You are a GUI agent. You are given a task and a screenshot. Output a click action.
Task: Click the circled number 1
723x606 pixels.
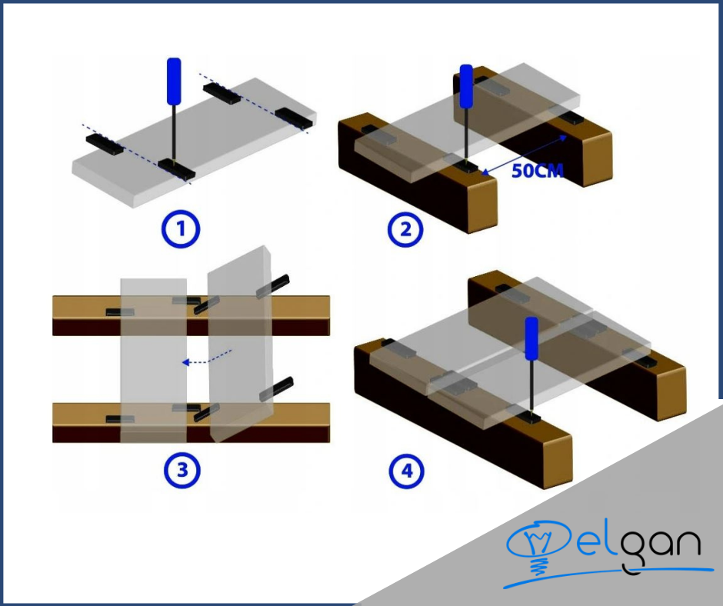(x=181, y=228)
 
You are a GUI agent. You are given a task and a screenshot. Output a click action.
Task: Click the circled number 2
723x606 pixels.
(x=406, y=229)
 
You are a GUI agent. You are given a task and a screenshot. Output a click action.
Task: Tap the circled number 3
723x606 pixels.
(x=182, y=471)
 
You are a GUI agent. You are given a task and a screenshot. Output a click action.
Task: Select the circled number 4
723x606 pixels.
(x=407, y=471)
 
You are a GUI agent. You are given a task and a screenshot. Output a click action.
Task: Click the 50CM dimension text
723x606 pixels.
(x=538, y=171)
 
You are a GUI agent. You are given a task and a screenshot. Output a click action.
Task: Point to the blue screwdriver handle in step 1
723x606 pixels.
(x=174, y=82)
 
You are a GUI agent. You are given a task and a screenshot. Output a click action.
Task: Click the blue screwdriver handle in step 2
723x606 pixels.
(x=467, y=87)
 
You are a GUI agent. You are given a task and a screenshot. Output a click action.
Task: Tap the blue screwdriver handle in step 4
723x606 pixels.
(x=531, y=338)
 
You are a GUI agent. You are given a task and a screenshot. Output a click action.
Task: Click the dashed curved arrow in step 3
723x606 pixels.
(x=207, y=358)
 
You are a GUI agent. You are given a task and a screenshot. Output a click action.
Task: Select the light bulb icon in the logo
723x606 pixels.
(x=537, y=547)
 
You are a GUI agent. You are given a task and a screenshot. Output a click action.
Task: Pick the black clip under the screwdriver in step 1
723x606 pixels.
(x=177, y=168)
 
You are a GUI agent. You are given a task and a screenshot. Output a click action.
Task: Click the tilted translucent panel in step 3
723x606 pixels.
(x=240, y=344)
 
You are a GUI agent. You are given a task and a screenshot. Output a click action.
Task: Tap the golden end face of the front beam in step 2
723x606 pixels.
(x=482, y=205)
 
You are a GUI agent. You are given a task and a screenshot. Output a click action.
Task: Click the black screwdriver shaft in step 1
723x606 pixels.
(x=174, y=132)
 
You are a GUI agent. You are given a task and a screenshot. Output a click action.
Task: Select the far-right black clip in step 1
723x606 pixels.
(x=294, y=118)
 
